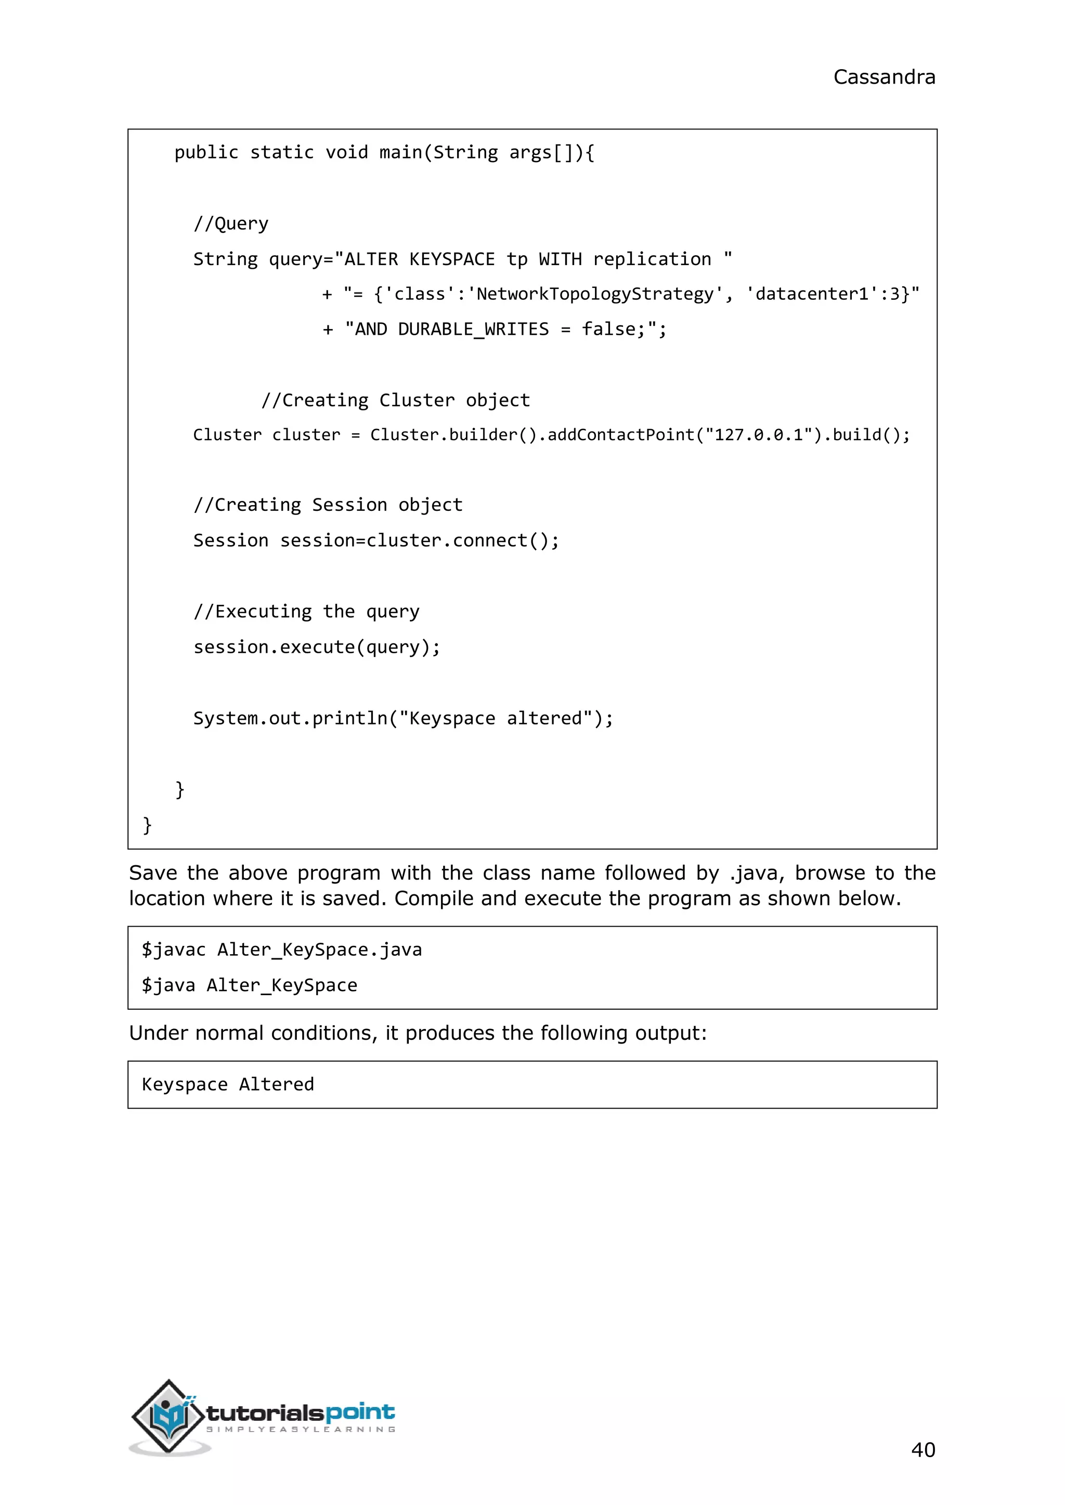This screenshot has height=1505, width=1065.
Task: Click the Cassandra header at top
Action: click(884, 77)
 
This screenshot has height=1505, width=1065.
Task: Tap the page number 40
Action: click(923, 1449)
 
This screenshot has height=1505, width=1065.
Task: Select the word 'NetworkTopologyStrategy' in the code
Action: click(595, 294)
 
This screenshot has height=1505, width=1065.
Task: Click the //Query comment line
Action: click(231, 223)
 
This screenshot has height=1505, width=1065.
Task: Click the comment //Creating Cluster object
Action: click(395, 400)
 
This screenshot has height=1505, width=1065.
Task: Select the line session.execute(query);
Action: click(317, 647)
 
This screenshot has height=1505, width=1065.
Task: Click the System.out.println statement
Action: click(402, 718)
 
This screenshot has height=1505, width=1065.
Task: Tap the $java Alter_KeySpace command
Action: click(249, 985)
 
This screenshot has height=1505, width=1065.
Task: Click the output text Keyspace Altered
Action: click(228, 1084)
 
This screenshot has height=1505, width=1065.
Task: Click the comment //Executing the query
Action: click(306, 612)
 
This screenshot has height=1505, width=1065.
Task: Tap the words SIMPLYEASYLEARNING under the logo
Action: click(301, 1429)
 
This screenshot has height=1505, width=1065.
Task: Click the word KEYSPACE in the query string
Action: click(452, 259)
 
